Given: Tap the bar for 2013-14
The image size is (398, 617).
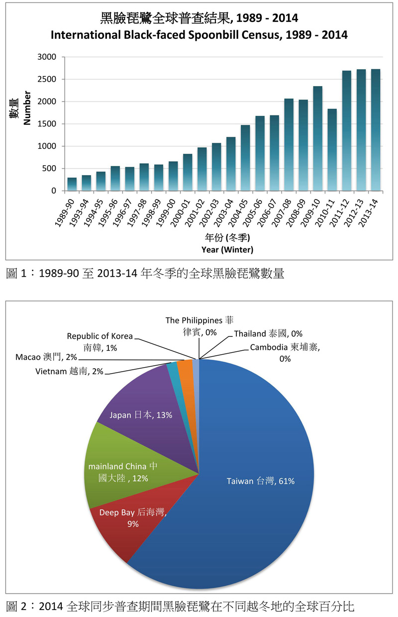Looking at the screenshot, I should pos(375,130).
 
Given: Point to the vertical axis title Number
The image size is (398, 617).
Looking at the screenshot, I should pos(27,107).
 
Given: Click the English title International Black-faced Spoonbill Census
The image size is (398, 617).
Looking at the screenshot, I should pos(199,35).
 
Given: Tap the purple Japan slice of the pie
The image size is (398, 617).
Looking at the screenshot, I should pos(139,408).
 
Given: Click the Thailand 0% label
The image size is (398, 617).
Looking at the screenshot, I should pos(276,333).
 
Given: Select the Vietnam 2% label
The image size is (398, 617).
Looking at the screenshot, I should pos(69,371).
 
